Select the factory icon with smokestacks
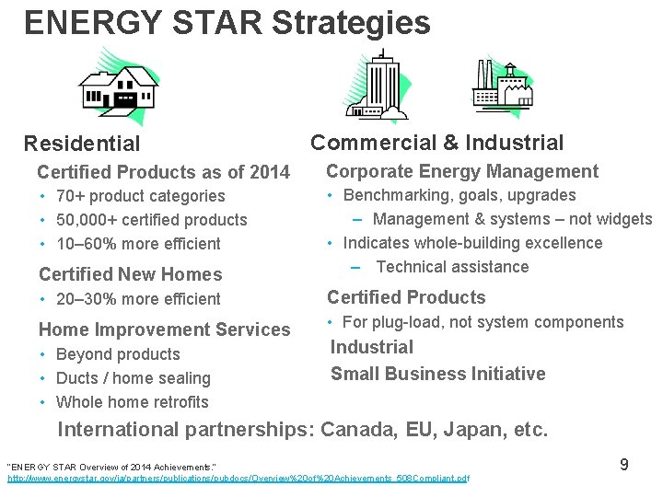(x=502, y=87)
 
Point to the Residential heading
(x=82, y=144)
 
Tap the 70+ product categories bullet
(x=140, y=196)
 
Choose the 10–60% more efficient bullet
(x=138, y=244)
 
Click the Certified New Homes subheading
(x=130, y=274)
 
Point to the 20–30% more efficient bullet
(x=138, y=299)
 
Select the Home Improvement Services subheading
(x=164, y=329)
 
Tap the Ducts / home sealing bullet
(x=133, y=378)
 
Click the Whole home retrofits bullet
(x=132, y=402)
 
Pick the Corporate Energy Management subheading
(x=462, y=171)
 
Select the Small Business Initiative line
(x=437, y=374)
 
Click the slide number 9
(x=623, y=465)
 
